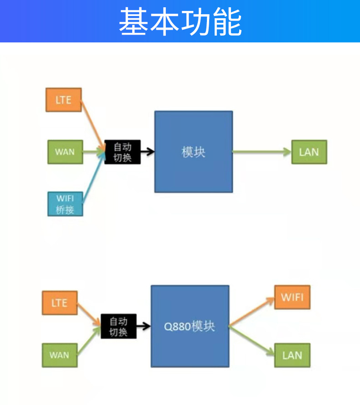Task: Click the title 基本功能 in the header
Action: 180,21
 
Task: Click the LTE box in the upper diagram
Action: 64,99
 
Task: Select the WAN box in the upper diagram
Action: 65,152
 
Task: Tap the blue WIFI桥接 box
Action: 65,204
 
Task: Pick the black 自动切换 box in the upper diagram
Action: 123,152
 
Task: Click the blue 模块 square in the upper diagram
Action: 193,151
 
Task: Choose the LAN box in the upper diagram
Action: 309,152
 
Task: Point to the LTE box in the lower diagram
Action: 60,303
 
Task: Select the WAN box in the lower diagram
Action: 60,355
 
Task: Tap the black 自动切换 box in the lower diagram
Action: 118,326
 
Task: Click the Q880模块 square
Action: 190,326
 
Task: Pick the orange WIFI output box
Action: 292,297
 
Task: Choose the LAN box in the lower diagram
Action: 292,355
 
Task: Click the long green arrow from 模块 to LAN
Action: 262,152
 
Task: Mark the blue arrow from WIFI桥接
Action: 93,178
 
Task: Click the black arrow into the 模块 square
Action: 147,152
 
